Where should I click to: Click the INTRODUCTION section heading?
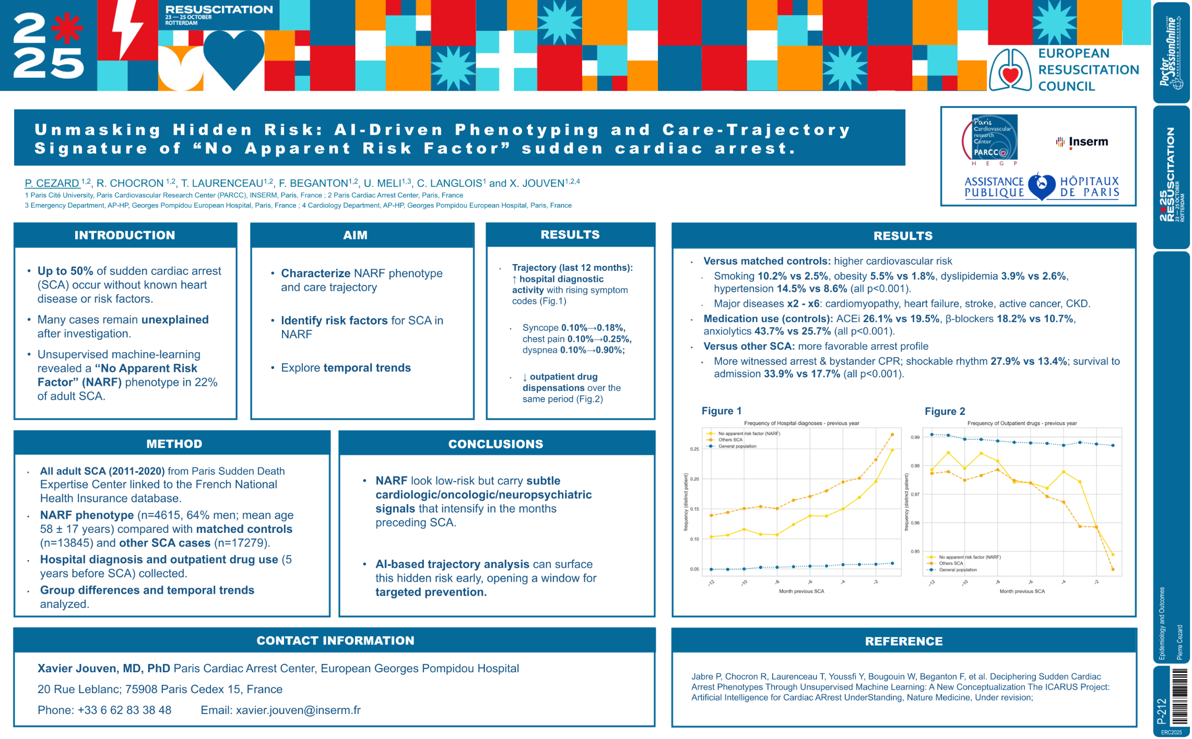coord(124,235)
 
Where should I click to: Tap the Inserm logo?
coord(1082,141)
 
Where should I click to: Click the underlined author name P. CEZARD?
coord(52,183)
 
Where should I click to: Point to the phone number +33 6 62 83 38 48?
coord(124,710)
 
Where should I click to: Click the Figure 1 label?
coord(721,411)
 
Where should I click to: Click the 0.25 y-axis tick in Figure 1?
coord(694,449)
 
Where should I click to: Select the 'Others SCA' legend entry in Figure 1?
coord(730,440)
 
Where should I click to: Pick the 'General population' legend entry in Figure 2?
coord(957,570)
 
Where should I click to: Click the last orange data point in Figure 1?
coord(892,434)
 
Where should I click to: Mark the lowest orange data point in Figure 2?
coord(1113,569)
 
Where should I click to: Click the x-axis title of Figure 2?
coord(1022,591)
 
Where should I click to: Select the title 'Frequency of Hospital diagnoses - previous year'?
coord(801,423)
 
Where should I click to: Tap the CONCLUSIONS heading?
coord(495,444)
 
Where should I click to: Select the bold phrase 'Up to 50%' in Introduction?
coord(65,271)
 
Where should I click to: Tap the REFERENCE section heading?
coord(903,641)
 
